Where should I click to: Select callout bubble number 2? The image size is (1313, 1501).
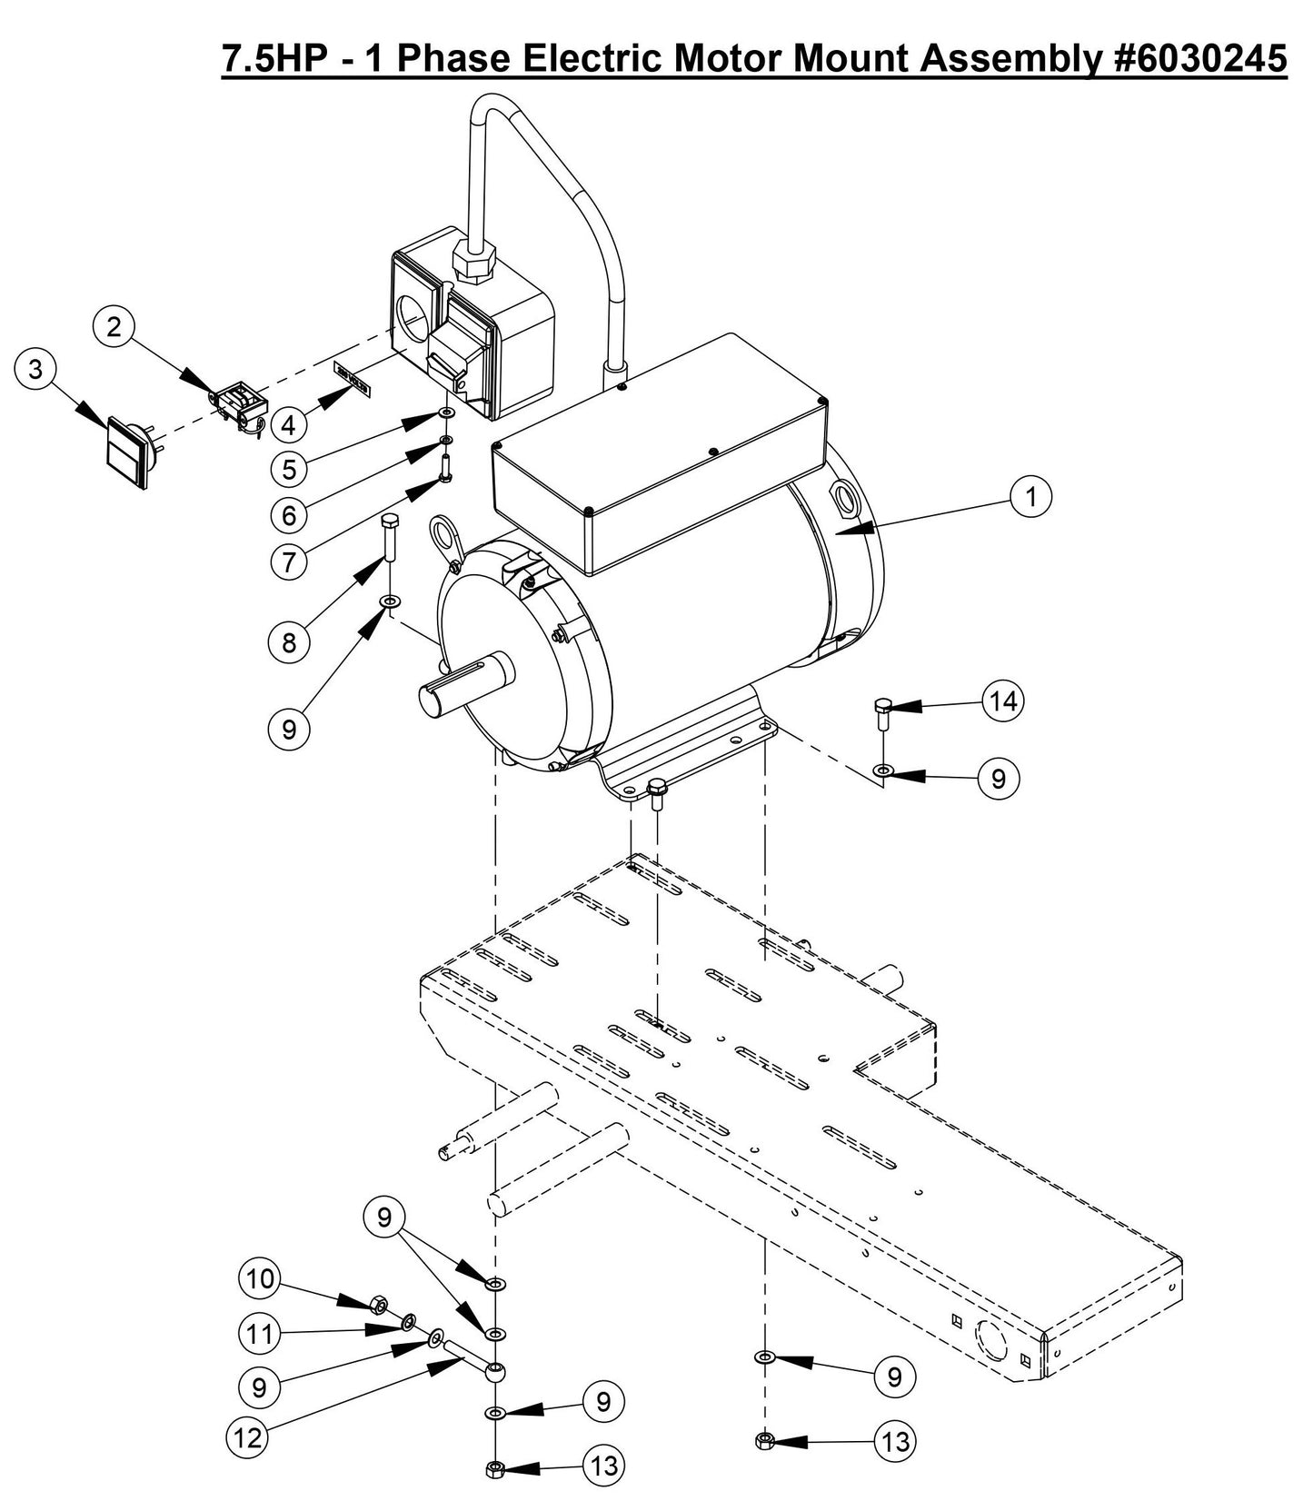click(x=114, y=326)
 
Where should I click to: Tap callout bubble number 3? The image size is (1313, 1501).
click(x=35, y=369)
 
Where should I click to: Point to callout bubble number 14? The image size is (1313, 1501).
click(x=1003, y=701)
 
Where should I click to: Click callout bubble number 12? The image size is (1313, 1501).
click(x=247, y=1436)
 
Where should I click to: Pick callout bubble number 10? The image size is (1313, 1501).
click(x=260, y=1279)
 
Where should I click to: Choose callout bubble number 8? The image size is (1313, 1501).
click(x=288, y=642)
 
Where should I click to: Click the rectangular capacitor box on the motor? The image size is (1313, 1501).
click(x=659, y=454)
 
